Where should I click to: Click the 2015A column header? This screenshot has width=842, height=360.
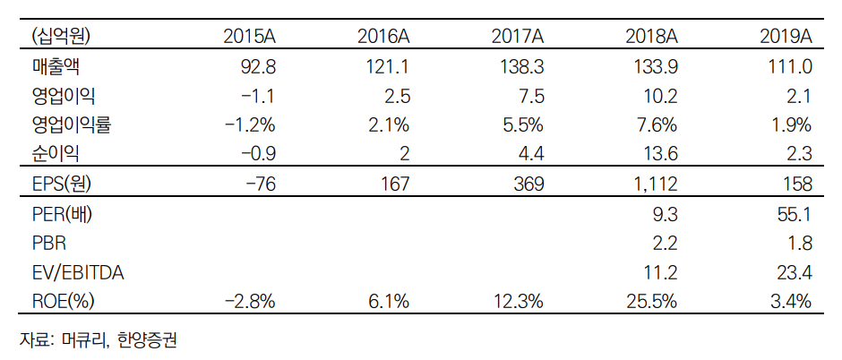point(249,37)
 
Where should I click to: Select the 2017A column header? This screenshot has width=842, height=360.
point(518,37)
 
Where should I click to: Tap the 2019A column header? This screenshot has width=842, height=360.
point(786,37)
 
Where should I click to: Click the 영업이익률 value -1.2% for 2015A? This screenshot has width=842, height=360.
point(247,124)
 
